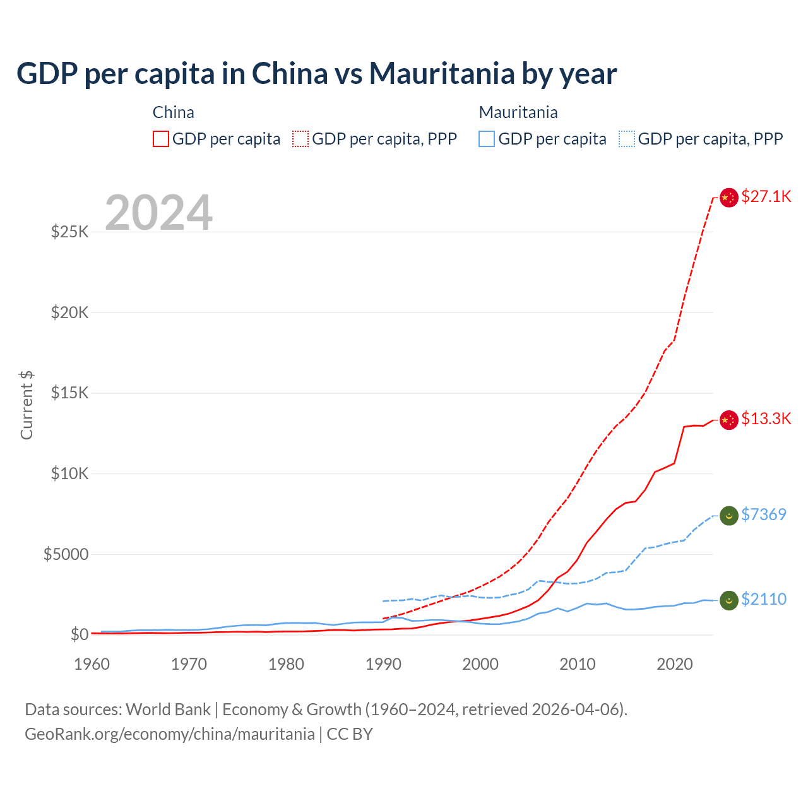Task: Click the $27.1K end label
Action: click(x=766, y=196)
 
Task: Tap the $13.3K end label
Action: click(x=766, y=419)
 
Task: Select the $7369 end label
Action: click(x=764, y=514)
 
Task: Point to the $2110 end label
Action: click(x=764, y=599)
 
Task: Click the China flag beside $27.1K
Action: click(x=729, y=198)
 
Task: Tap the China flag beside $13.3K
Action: click(x=729, y=420)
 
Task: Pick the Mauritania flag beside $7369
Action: click(x=729, y=516)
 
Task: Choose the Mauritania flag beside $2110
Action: click(x=729, y=600)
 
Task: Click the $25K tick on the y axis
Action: click(x=70, y=232)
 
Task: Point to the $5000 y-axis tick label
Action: click(x=66, y=554)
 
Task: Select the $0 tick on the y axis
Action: click(x=80, y=634)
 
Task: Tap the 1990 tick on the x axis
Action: click(x=383, y=664)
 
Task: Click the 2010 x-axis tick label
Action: click(x=578, y=664)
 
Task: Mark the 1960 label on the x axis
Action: click(x=92, y=664)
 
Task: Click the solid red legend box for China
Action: click(x=161, y=139)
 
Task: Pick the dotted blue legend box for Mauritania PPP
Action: click(x=627, y=139)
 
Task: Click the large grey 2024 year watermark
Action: click(x=158, y=213)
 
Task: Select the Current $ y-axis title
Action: click(x=27, y=405)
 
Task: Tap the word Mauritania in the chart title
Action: click(x=442, y=73)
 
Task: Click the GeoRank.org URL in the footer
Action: click(x=170, y=734)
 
